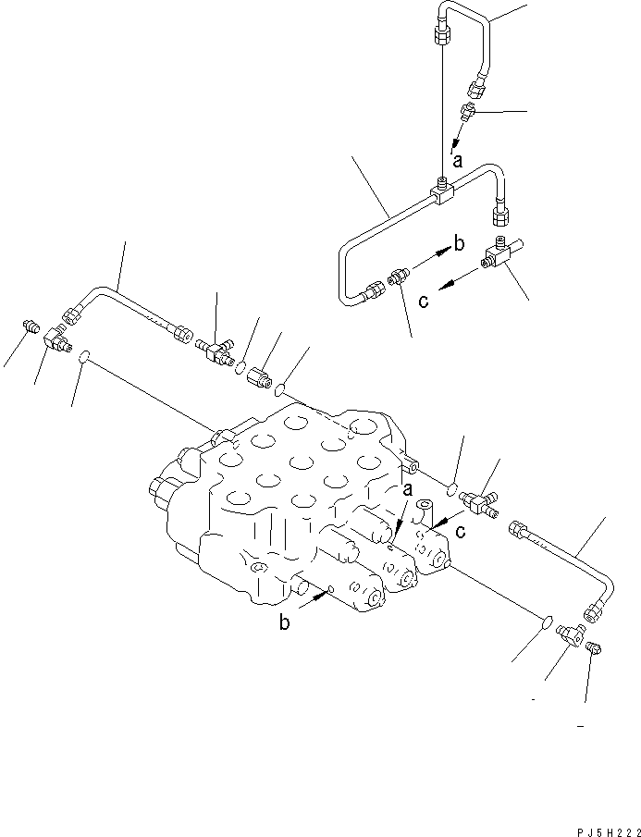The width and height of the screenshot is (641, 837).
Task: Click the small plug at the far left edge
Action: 29,326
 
